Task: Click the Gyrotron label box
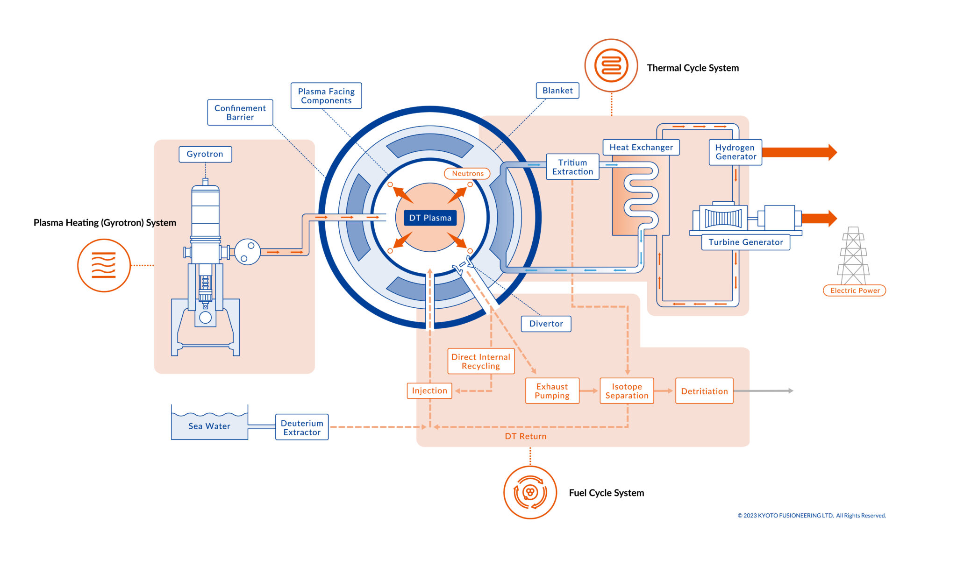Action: tap(205, 154)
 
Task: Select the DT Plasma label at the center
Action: tap(430, 218)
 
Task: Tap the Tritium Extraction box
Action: tap(572, 167)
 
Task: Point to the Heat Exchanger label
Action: tap(641, 148)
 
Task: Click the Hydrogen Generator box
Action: tap(735, 152)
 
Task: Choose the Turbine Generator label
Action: tap(745, 242)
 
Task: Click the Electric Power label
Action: tap(854, 291)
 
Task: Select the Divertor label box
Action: tap(546, 324)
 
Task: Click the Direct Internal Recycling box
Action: tap(481, 361)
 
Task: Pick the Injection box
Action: tap(429, 391)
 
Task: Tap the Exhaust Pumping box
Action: tap(552, 391)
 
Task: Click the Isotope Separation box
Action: tap(627, 391)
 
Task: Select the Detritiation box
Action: tap(704, 391)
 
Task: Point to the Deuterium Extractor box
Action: tap(302, 427)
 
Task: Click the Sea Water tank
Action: tap(209, 426)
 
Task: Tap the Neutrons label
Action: tap(467, 174)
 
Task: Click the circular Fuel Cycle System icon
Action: tap(530, 492)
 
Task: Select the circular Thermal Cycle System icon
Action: tap(611, 65)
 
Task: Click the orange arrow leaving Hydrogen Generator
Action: tap(799, 152)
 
